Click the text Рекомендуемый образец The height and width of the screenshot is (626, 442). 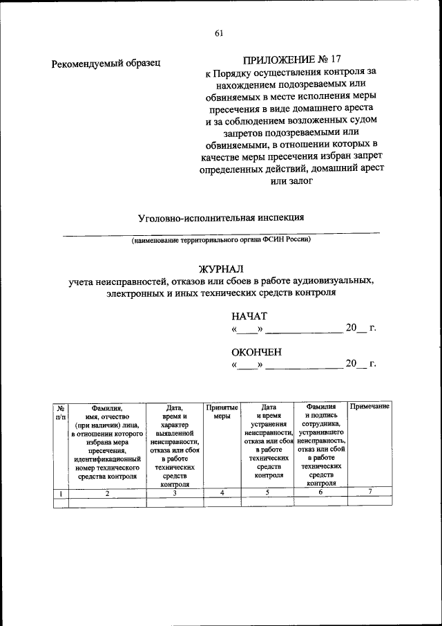click(106, 64)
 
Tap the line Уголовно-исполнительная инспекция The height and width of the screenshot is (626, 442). click(221, 217)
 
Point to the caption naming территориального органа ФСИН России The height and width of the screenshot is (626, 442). click(222, 240)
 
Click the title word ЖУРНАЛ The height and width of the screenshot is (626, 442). click(221, 268)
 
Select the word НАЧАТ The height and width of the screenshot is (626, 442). click(249, 315)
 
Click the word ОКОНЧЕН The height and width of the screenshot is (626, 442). click(256, 351)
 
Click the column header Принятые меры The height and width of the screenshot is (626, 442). click(222, 412)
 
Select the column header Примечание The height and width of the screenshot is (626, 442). click(369, 407)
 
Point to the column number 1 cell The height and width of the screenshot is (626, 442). click(61, 492)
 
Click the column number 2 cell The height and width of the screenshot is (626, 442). click(107, 492)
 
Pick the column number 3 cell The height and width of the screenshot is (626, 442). click(175, 492)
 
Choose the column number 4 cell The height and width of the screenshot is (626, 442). click(222, 492)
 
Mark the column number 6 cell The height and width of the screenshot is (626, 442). click(321, 492)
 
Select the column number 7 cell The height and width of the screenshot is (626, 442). click(369, 492)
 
